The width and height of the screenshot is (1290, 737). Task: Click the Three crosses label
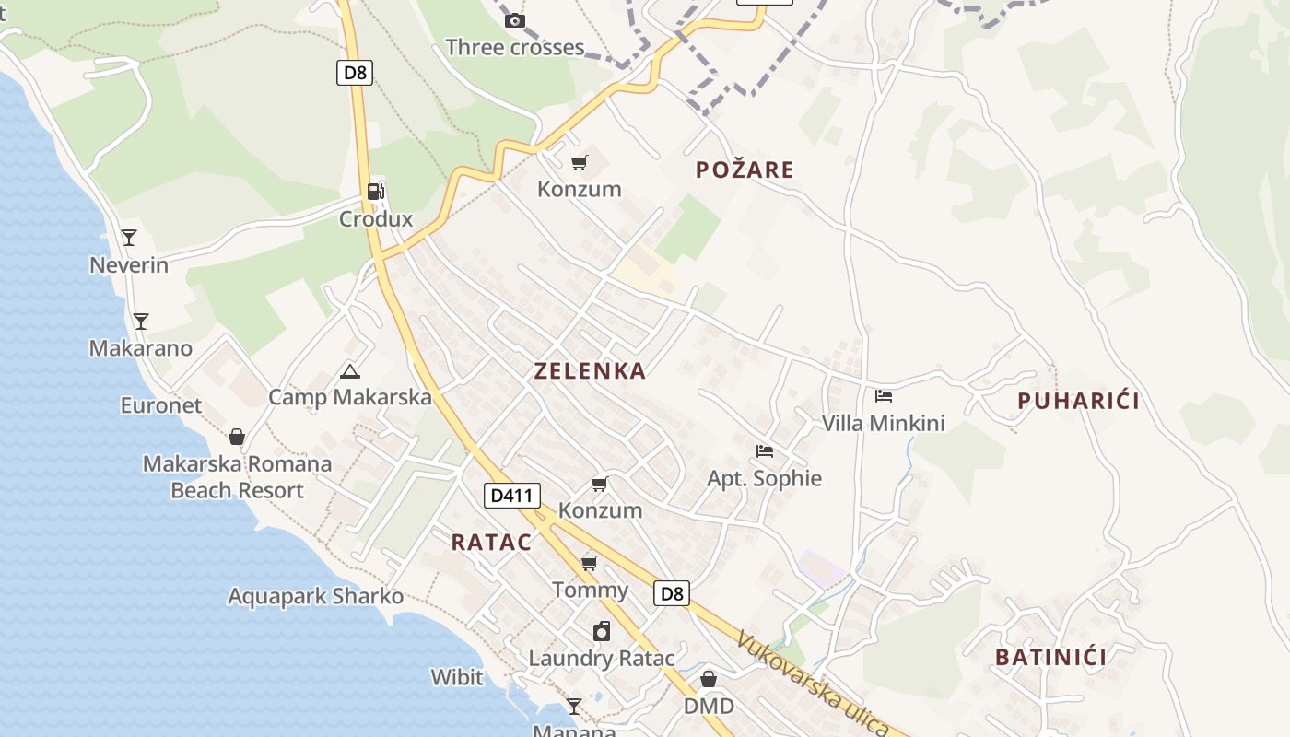pos(514,47)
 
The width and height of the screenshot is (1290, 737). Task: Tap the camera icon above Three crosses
pos(515,20)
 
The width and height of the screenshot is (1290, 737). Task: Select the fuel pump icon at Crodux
pos(376,192)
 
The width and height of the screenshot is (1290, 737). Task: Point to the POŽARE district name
pos(745,170)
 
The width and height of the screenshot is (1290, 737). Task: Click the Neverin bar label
pos(129,265)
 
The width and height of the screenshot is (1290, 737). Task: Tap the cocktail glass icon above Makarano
pos(141,322)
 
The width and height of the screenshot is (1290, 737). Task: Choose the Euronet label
pos(161,405)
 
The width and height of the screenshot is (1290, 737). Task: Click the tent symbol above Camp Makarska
pos(349,372)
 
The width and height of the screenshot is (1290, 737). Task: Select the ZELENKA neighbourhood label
pos(590,371)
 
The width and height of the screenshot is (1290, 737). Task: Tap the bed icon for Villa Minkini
pos(884,396)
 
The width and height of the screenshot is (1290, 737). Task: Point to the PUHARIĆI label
pos(1078,401)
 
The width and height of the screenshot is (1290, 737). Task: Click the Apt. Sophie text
pos(764,478)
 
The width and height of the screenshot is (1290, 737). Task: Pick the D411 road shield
pos(511,496)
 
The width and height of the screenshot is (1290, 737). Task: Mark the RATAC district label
pos(491,543)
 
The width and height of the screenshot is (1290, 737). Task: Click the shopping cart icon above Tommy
pos(590,563)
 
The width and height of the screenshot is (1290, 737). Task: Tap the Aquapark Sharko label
pos(315,596)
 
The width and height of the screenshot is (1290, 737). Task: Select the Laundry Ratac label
pos(601,659)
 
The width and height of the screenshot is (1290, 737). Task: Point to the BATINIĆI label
pos(1050,658)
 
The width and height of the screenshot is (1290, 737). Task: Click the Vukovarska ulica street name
pos(811,682)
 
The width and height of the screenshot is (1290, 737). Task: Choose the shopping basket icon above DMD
pos(709,679)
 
